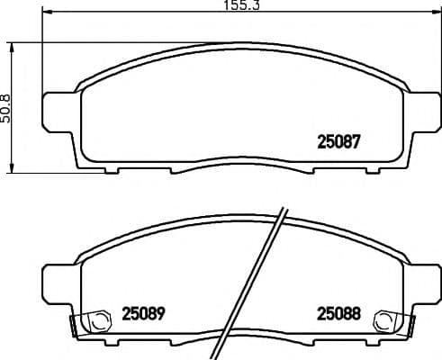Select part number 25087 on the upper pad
point(339,140)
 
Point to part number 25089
point(144,314)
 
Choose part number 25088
point(339,314)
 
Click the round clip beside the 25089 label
point(91,319)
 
